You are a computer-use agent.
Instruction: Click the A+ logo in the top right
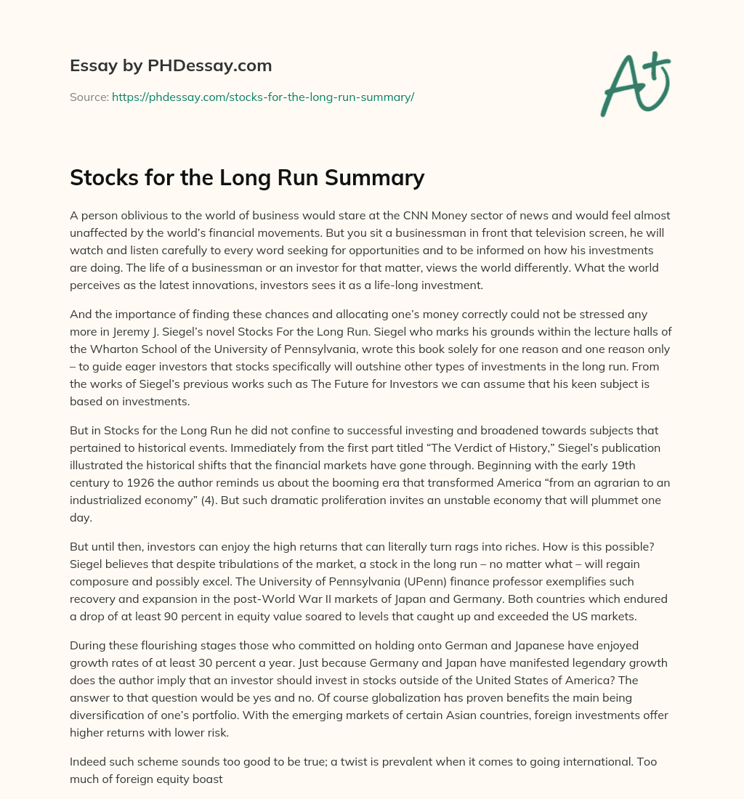[x=635, y=84]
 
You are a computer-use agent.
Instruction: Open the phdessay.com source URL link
[x=262, y=97]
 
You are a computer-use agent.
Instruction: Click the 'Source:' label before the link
[x=89, y=97]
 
